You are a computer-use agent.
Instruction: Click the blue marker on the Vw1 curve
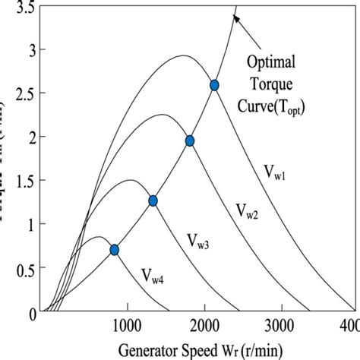click(214, 86)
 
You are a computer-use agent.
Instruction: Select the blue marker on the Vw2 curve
click(190, 141)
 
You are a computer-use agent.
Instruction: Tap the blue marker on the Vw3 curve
click(153, 201)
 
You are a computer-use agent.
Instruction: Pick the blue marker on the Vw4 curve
click(115, 249)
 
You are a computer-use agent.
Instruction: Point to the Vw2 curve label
click(246, 209)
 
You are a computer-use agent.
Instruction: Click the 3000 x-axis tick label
click(280, 324)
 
